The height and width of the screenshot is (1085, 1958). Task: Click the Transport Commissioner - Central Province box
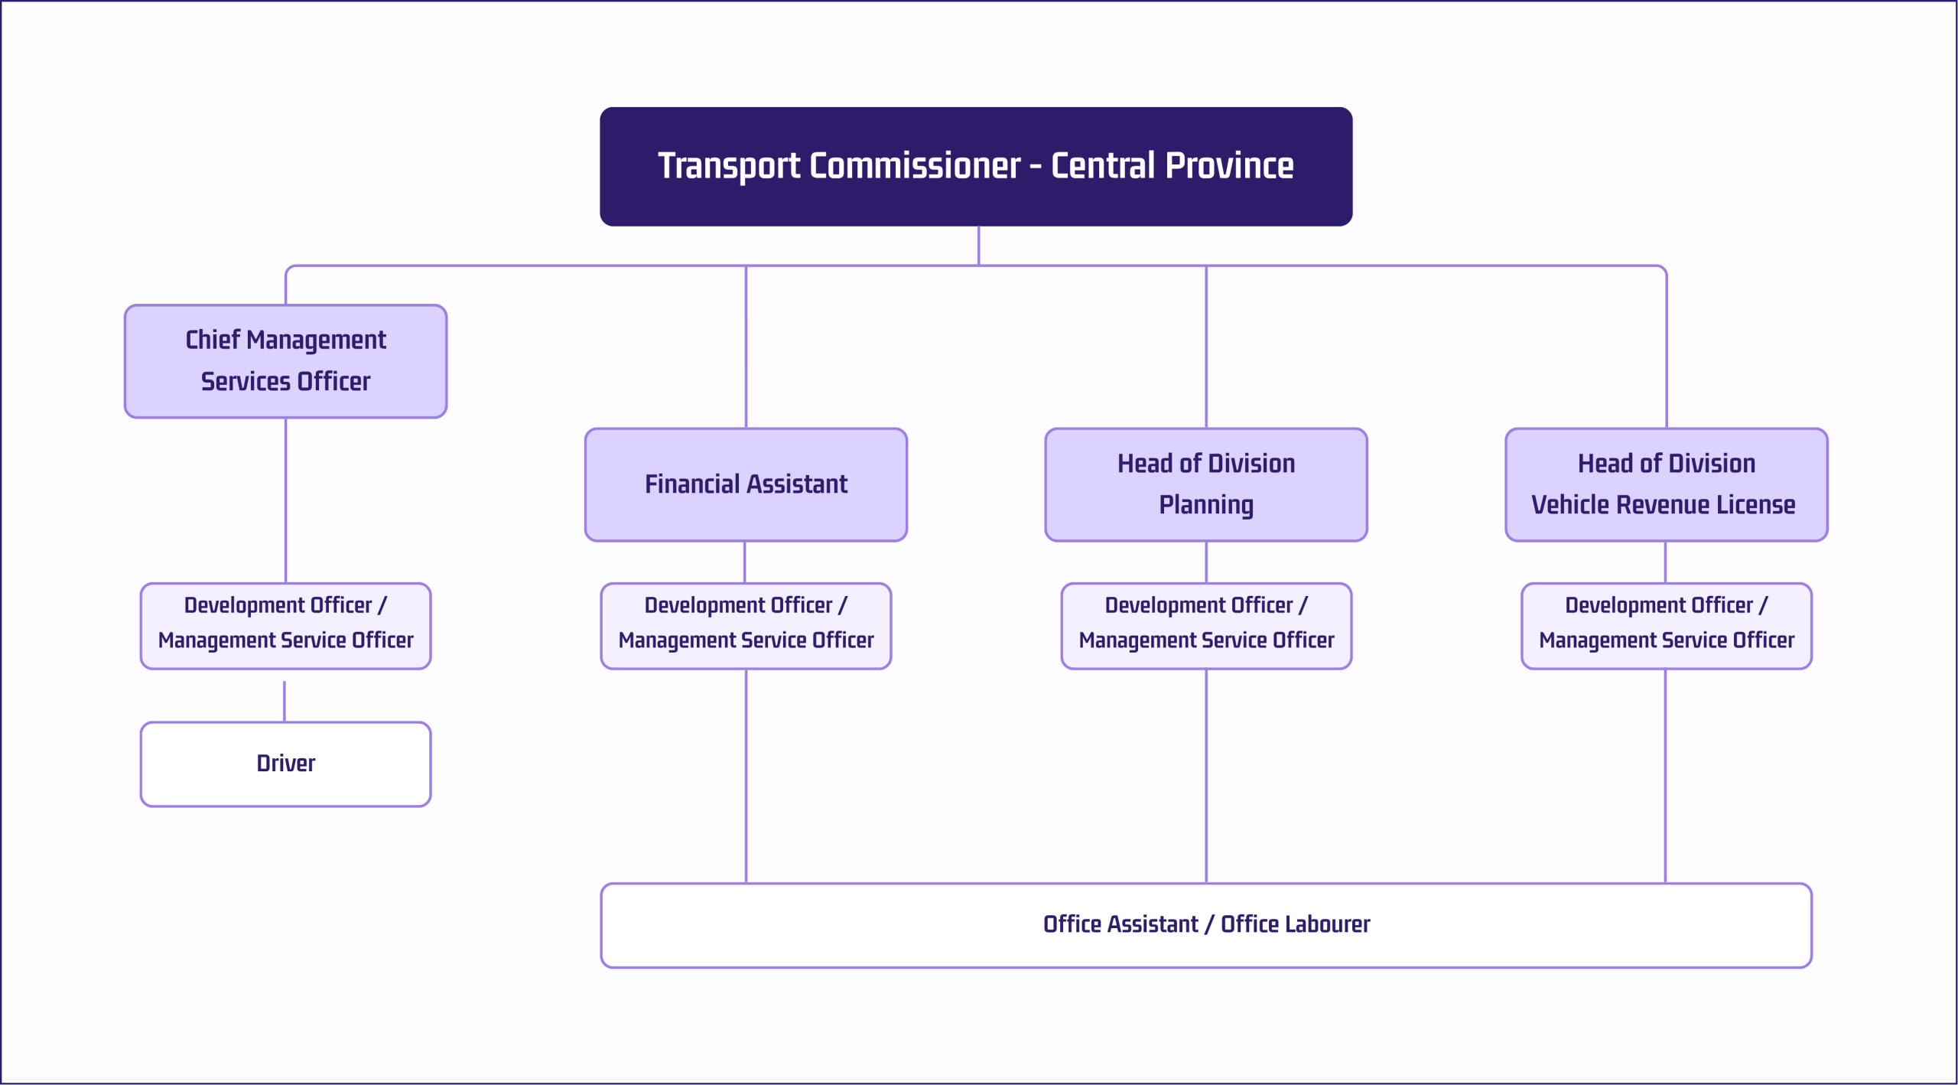(976, 167)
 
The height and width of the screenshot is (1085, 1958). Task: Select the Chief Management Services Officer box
(286, 361)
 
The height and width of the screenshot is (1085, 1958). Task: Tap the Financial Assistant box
(746, 484)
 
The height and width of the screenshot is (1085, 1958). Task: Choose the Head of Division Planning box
(1206, 484)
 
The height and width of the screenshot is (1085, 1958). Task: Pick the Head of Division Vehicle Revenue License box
(1667, 484)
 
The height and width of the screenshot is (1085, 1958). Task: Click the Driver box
(286, 764)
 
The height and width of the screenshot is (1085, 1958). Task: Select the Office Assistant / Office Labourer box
(1206, 925)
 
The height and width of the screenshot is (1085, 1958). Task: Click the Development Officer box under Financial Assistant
(746, 626)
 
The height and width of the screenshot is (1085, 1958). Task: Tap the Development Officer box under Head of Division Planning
(1206, 626)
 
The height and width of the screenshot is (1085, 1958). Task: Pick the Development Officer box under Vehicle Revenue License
(1667, 626)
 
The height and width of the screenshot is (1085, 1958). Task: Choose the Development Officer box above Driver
(286, 626)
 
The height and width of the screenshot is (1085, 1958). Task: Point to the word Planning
(1206, 506)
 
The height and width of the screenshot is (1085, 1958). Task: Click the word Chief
(213, 340)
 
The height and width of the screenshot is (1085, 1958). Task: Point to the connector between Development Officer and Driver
(285, 702)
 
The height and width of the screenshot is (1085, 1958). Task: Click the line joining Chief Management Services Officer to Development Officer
(286, 500)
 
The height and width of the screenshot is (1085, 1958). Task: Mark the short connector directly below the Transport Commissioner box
(978, 246)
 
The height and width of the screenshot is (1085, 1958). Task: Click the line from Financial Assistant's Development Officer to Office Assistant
(746, 776)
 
